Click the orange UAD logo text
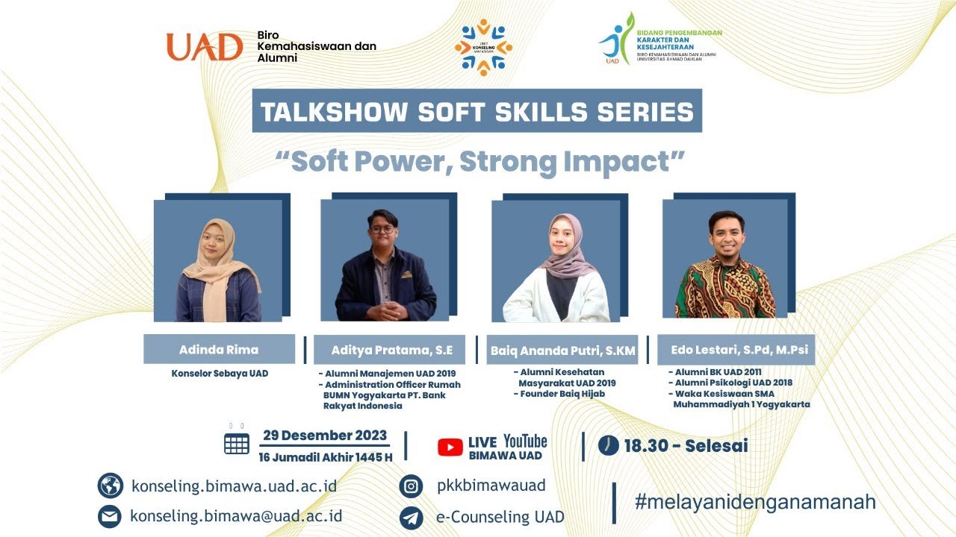(x=205, y=47)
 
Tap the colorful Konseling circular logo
(x=483, y=47)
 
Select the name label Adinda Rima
(x=219, y=349)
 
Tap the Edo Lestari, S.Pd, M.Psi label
(x=736, y=349)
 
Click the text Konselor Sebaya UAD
(x=220, y=373)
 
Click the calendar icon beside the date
(x=237, y=443)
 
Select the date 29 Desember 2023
(x=325, y=436)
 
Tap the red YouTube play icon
(x=450, y=447)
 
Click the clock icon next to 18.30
(x=609, y=445)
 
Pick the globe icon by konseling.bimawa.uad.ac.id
(x=111, y=486)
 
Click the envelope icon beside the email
(x=111, y=516)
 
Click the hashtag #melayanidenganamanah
(x=755, y=502)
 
